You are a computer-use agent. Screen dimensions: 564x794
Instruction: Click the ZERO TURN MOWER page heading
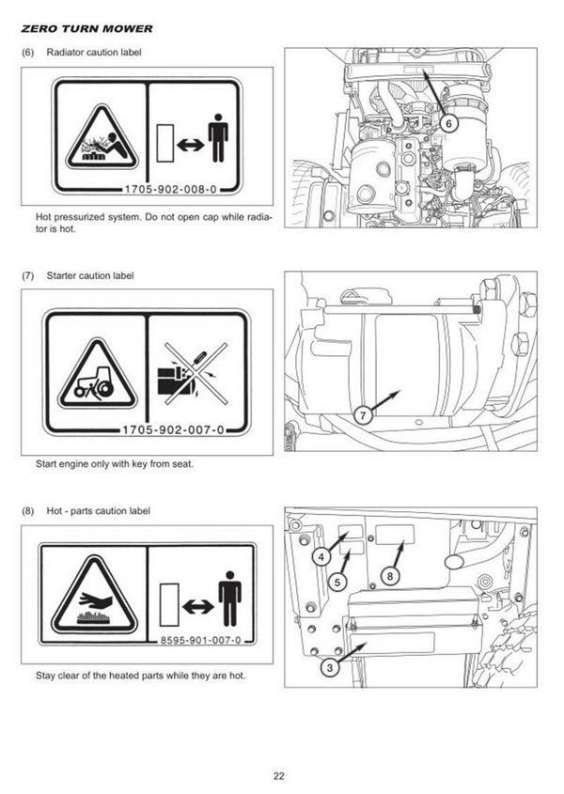tap(86, 29)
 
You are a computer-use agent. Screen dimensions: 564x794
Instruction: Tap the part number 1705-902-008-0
tap(171, 190)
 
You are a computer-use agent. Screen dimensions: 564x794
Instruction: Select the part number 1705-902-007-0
tap(173, 430)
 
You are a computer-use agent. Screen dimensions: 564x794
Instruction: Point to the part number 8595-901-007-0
tap(200, 640)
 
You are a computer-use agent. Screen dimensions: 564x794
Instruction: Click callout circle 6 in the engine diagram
tap(448, 122)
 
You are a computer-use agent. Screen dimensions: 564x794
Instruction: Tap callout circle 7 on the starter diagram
tap(363, 415)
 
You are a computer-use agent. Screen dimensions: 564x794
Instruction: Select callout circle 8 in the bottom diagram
tap(390, 576)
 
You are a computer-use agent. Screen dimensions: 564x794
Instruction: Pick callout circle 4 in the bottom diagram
tap(321, 557)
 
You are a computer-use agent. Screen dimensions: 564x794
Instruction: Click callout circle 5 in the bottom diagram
tap(337, 582)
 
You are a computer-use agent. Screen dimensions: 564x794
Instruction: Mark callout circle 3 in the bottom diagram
tap(330, 667)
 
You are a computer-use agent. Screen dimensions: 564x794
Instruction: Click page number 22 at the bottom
tap(278, 776)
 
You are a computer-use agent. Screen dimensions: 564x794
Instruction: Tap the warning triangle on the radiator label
tap(102, 137)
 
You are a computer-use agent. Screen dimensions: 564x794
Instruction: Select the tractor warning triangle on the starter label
tap(98, 375)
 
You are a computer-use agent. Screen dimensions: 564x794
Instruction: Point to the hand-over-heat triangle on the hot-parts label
tap(94, 594)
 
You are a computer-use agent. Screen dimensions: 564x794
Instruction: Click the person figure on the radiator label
tap(218, 138)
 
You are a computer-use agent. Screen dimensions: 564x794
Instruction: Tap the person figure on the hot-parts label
tap(229, 599)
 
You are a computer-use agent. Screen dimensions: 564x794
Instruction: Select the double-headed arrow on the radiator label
tap(191, 145)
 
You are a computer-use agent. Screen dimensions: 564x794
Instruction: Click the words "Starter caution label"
tap(90, 276)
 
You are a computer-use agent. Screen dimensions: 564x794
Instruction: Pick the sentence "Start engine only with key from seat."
tap(115, 464)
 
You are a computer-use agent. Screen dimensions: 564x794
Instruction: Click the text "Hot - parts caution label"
tap(99, 511)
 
